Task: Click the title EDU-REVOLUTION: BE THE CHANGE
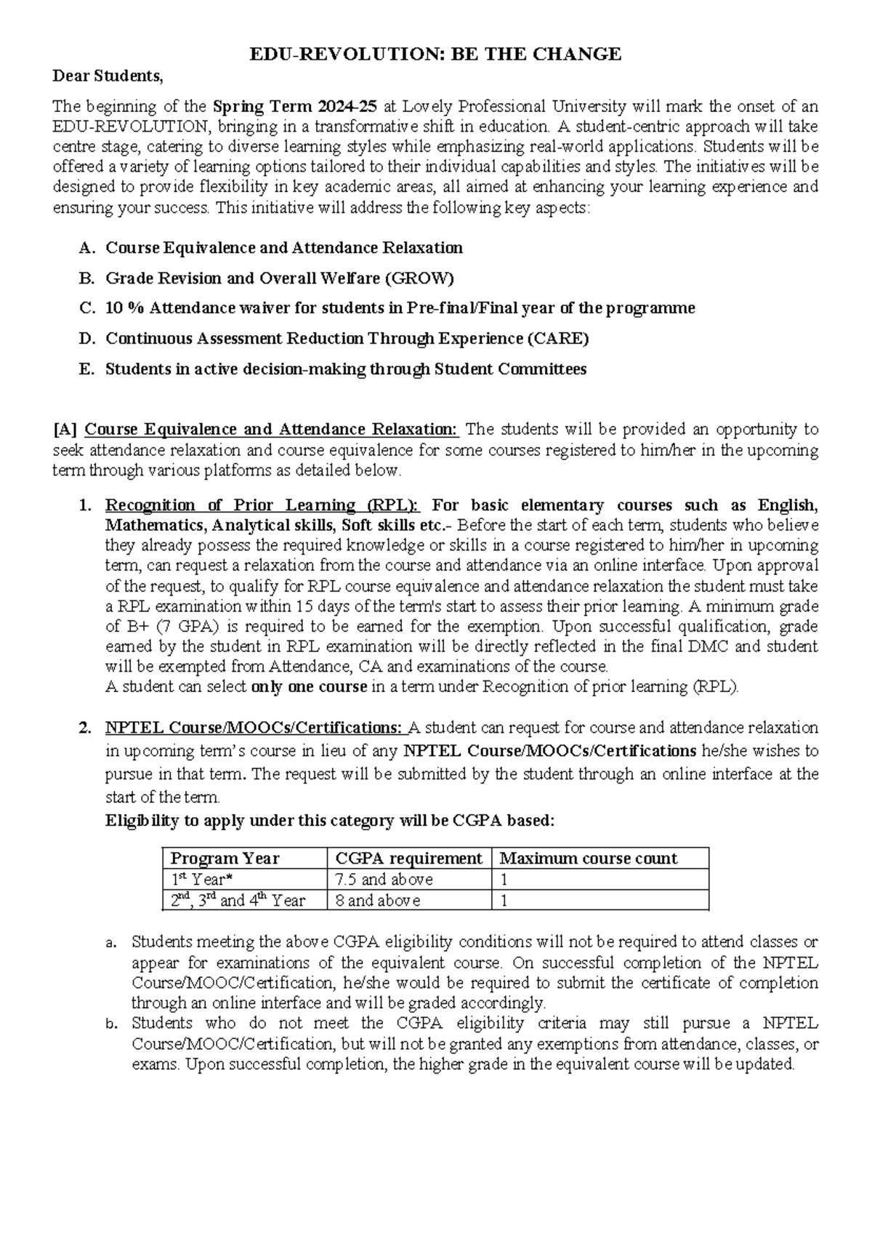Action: click(435, 54)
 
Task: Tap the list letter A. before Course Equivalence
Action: click(86, 248)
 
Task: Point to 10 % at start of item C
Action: click(124, 308)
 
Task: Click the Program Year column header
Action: click(225, 859)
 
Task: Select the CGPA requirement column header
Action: click(408, 859)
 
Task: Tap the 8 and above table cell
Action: click(376, 901)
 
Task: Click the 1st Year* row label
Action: click(201, 880)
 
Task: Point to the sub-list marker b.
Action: click(110, 1024)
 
